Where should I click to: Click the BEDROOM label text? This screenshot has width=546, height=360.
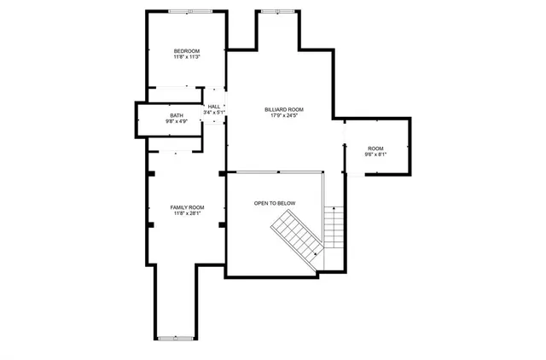click(187, 51)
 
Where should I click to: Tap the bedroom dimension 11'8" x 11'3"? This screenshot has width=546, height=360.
click(187, 58)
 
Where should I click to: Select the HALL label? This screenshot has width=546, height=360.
click(214, 107)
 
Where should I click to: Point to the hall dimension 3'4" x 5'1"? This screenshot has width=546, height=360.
click(214, 113)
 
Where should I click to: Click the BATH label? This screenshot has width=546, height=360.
click(176, 116)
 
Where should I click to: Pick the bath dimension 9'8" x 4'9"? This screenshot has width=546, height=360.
click(176, 122)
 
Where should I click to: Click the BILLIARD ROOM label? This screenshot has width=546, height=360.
click(283, 109)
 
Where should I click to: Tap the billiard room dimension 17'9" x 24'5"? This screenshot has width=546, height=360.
click(283, 116)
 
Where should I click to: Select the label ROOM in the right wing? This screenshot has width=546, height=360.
click(376, 148)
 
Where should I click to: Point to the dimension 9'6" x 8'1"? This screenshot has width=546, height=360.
click(376, 155)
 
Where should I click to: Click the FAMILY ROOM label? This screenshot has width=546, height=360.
click(187, 207)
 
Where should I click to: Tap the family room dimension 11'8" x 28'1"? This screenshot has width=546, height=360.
click(187, 214)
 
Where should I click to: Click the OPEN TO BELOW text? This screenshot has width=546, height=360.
click(275, 203)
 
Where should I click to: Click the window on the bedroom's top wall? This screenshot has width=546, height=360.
click(190, 11)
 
